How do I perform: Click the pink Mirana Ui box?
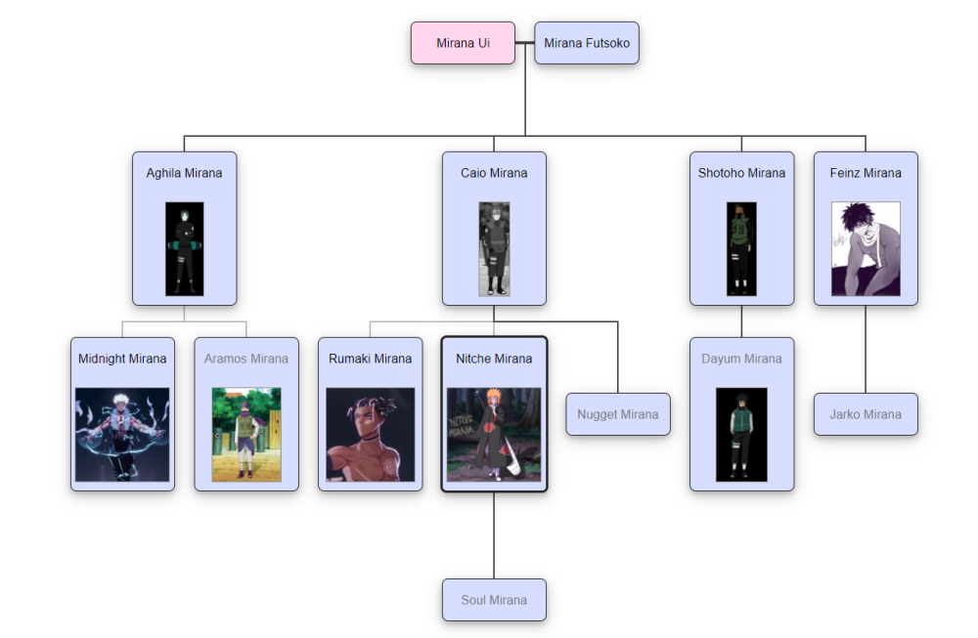click(x=463, y=43)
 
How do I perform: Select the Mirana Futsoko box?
click(x=587, y=43)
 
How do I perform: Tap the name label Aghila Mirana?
click(x=184, y=173)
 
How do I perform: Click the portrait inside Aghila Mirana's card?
click(x=184, y=248)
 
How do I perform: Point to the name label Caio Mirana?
click(x=494, y=173)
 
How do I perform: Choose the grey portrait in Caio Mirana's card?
click(x=494, y=248)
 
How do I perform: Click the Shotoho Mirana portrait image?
click(x=741, y=248)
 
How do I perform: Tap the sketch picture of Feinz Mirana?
click(x=866, y=248)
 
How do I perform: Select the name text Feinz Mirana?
click(x=866, y=173)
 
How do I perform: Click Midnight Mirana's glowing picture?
click(x=122, y=435)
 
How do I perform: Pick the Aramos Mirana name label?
click(x=246, y=359)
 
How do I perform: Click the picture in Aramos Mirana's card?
click(x=246, y=435)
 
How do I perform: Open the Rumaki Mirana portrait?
click(x=370, y=435)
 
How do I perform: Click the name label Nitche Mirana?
click(x=494, y=359)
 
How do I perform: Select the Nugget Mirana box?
click(x=618, y=414)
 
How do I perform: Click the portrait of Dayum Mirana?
click(x=741, y=435)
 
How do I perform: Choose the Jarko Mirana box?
click(x=866, y=414)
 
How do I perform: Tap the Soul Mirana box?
click(x=494, y=600)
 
